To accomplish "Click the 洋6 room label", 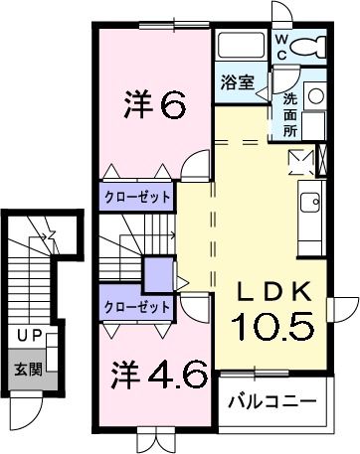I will (154, 102).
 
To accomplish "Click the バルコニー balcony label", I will (271, 402).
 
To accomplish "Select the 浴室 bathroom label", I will (237, 82).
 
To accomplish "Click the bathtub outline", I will (241, 48).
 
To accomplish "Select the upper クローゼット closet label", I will (137, 197).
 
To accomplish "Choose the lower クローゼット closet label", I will (137, 307).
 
